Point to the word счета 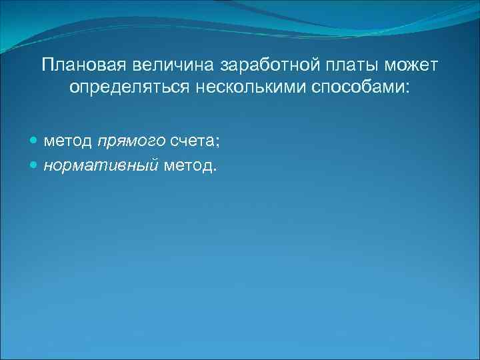point(191,141)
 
